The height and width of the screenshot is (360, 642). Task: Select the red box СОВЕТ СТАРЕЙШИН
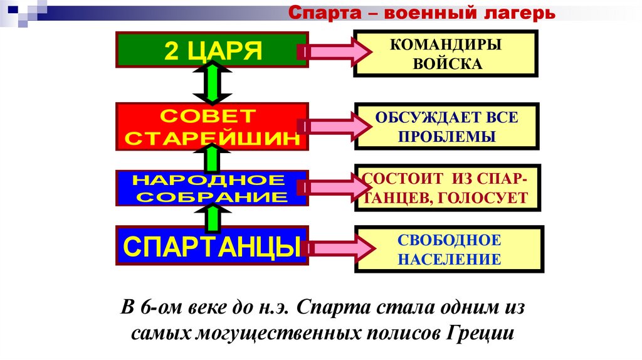[213, 127]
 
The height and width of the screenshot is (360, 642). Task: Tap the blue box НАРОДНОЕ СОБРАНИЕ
[213, 188]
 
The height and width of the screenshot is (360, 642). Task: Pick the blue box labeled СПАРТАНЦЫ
[213, 246]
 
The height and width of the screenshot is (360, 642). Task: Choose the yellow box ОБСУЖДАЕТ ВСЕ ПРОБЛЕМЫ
[447, 126]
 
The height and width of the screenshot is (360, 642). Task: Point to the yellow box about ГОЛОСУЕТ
[447, 188]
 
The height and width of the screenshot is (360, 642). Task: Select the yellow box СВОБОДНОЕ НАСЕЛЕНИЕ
[450, 249]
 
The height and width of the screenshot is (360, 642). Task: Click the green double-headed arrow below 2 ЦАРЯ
[213, 85]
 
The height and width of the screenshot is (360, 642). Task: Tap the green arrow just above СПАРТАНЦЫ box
[213, 216]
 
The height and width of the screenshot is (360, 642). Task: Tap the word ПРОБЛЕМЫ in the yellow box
[447, 137]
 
